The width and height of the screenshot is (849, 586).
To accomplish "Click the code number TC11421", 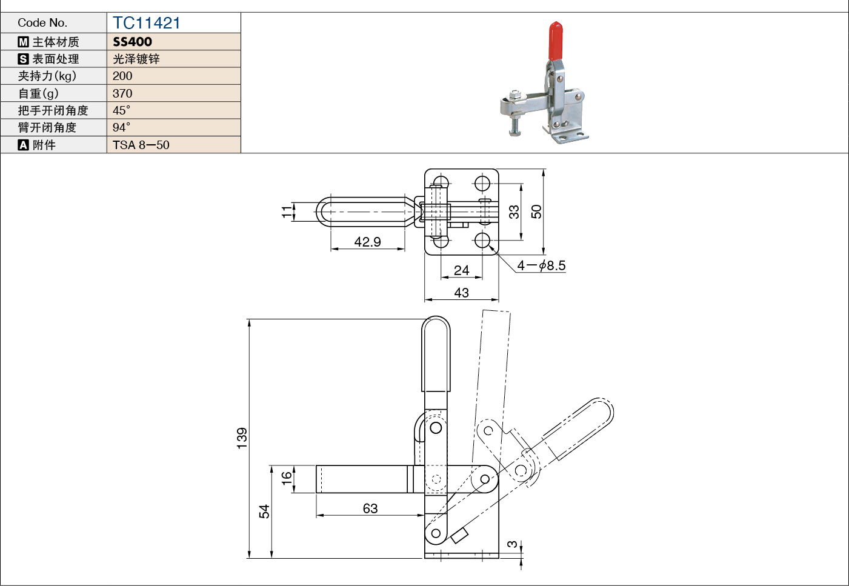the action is click(x=146, y=23).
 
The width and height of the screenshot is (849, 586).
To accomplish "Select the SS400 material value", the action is click(x=132, y=42).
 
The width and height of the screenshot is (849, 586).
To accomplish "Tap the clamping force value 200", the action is click(x=122, y=76).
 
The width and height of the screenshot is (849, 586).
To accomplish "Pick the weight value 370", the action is click(x=122, y=93).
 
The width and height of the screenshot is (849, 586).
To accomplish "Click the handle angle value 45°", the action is click(x=121, y=110).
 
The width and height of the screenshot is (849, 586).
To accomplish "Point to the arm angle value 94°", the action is click(x=121, y=127).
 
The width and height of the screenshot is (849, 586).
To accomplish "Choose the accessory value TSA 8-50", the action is click(x=141, y=145).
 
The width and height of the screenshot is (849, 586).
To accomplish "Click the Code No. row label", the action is click(x=42, y=23).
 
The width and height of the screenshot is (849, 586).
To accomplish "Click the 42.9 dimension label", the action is click(x=367, y=241).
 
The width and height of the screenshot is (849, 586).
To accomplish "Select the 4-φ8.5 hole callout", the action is click(x=541, y=265).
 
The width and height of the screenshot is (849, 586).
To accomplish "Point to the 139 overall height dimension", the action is click(x=242, y=438).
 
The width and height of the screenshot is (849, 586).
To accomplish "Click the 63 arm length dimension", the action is click(x=370, y=508).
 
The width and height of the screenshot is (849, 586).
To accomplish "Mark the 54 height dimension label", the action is click(x=264, y=511).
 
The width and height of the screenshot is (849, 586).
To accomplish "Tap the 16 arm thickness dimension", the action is click(x=287, y=478).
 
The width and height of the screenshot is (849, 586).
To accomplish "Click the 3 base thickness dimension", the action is click(x=512, y=544).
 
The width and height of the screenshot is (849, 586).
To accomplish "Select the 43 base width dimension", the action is click(x=461, y=293).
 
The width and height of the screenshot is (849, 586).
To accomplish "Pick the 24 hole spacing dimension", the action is click(x=461, y=270).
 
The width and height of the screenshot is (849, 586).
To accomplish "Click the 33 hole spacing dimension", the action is click(x=514, y=212).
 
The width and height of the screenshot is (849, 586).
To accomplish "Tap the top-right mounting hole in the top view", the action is click(x=482, y=184).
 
